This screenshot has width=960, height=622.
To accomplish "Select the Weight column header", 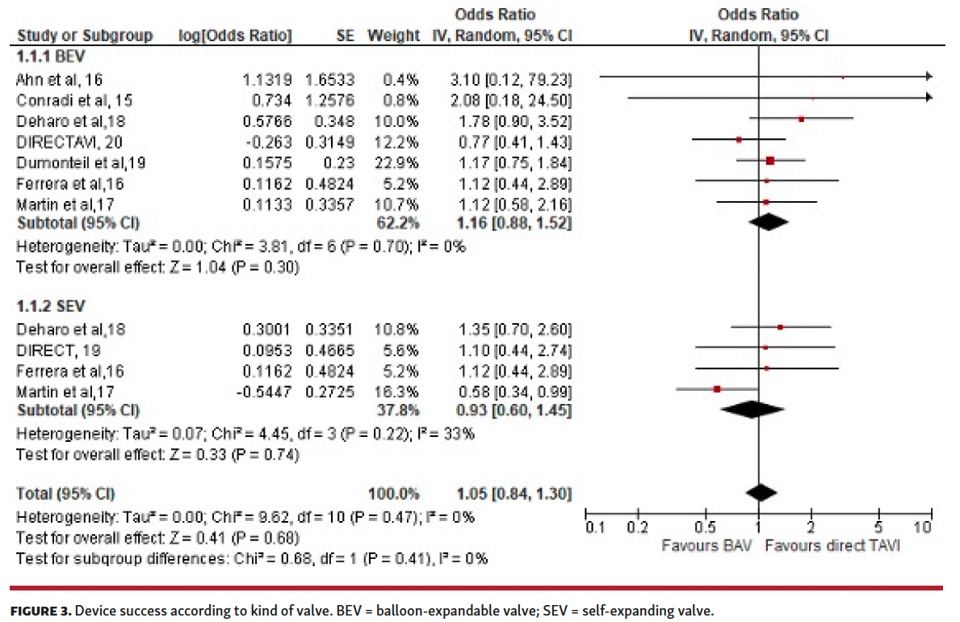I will pyautogui.click(x=393, y=36).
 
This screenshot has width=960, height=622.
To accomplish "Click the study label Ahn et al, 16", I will pyautogui.click(x=60, y=79).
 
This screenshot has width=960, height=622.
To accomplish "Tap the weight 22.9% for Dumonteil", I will pyautogui.click(x=400, y=162).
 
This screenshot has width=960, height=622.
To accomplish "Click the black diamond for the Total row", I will pyautogui.click(x=760, y=493).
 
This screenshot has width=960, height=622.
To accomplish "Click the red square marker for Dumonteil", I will pyautogui.click(x=770, y=161).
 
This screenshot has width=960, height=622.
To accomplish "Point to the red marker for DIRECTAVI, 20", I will pyautogui.click(x=739, y=140).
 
